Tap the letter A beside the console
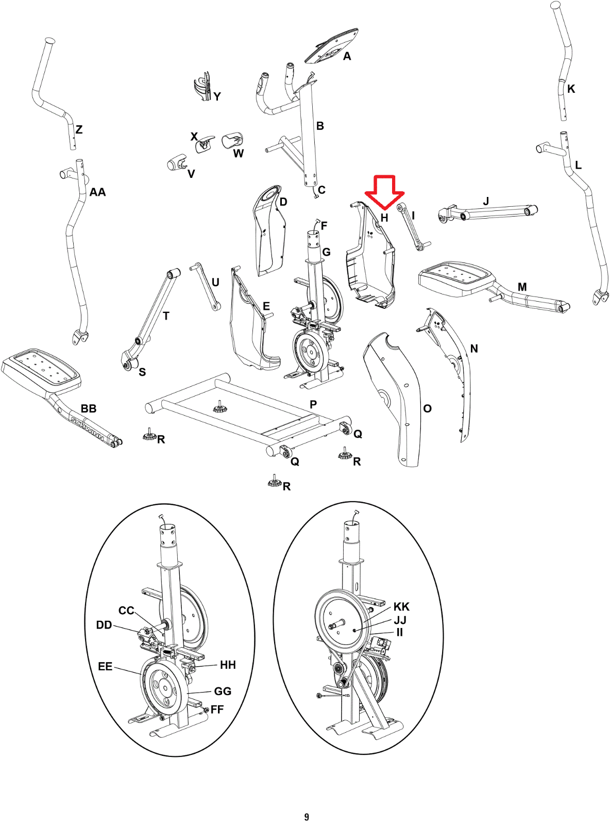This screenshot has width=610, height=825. tap(347, 56)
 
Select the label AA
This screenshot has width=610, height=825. tap(97, 192)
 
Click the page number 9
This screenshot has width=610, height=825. tap(307, 817)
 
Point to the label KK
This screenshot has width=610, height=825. tap(401, 606)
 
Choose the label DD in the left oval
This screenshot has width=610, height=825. tap(104, 625)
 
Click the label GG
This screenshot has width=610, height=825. tap(223, 691)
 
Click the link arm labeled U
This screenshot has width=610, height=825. tap(206, 287)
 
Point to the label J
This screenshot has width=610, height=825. tap(486, 201)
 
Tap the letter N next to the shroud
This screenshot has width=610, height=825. tap(474, 349)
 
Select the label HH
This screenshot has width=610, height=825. tap(228, 665)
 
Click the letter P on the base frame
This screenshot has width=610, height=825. tap(313, 404)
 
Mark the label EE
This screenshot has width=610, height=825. tap(105, 667)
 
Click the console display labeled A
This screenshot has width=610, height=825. tap(331, 46)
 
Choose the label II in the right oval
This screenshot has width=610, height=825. tap(399, 632)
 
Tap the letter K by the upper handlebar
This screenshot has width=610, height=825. tap(571, 89)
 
